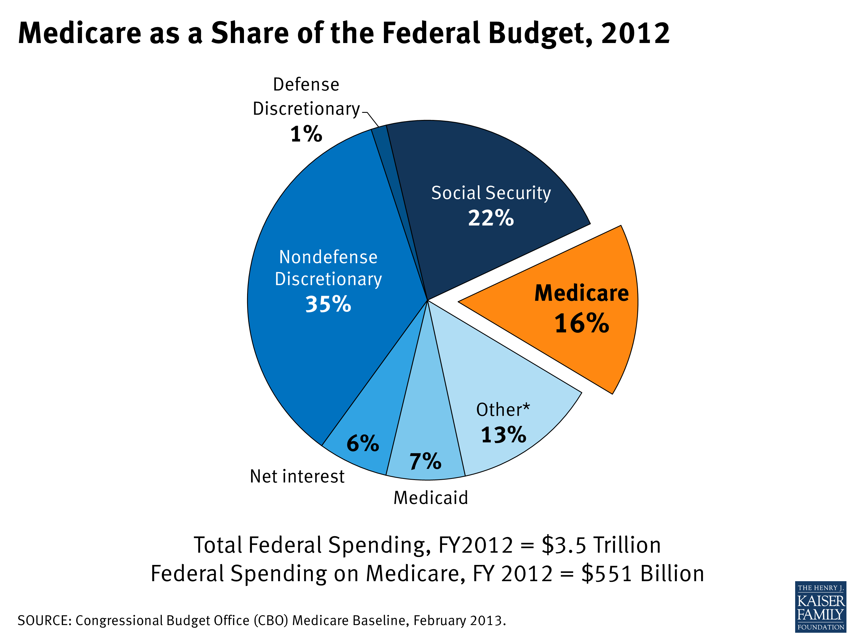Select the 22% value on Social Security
point(490,218)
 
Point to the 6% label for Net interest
point(363,443)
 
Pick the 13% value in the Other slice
point(503,435)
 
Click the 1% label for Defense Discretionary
point(306,134)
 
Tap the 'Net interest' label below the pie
point(297,476)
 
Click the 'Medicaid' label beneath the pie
point(431,498)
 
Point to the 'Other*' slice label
point(502,410)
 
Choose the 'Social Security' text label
point(490,193)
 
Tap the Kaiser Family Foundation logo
point(821,607)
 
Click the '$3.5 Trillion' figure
point(601,545)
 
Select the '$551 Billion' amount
point(642,573)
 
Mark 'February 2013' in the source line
point(459,620)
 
